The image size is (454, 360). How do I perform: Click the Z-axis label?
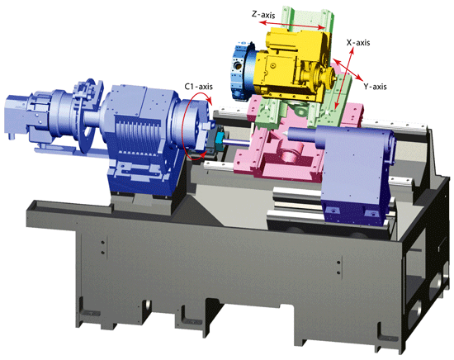[x=263, y=15]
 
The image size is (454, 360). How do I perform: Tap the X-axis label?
[x=358, y=43]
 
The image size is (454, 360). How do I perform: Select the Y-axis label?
[x=375, y=87]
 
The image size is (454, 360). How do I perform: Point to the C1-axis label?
[x=199, y=87]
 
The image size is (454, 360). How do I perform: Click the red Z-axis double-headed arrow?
[x=292, y=26]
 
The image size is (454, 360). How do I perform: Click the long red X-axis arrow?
[x=344, y=78]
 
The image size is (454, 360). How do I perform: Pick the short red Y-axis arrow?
[x=348, y=70]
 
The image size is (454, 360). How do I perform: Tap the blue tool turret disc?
[x=242, y=70]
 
